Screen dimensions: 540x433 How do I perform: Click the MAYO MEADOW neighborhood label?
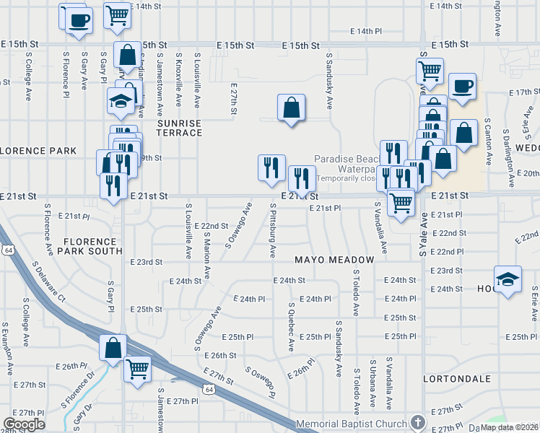[334, 260]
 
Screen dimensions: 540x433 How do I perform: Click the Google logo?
[24, 424]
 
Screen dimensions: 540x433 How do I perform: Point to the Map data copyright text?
[510, 427]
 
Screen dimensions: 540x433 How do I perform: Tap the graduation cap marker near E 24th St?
[508, 279]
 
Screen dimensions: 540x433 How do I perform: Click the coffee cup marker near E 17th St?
[462, 87]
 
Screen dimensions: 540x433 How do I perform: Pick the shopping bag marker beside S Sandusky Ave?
[290, 108]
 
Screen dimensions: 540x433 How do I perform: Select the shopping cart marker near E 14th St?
[116, 14]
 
